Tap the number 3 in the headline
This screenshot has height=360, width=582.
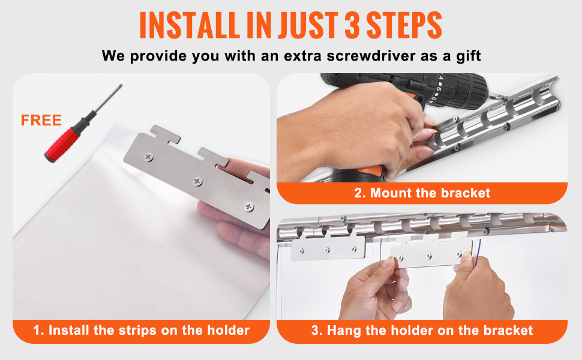pyautogui.click(x=353, y=25)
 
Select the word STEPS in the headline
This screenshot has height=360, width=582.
pyautogui.click(x=404, y=25)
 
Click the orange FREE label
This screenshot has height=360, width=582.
pyautogui.click(x=41, y=120)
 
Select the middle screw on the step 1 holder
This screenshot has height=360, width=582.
pyautogui.click(x=197, y=181)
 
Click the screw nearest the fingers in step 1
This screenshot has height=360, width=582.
pyautogui.click(x=249, y=206)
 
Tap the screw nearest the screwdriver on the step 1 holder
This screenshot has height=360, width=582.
pyautogui.click(x=149, y=157)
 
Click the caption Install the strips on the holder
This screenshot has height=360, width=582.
pyautogui.click(x=141, y=330)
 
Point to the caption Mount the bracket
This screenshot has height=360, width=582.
pyautogui.click(x=422, y=193)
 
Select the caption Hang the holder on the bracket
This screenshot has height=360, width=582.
pyautogui.click(x=422, y=330)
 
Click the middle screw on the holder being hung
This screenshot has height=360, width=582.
pyautogui.click(x=429, y=256)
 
